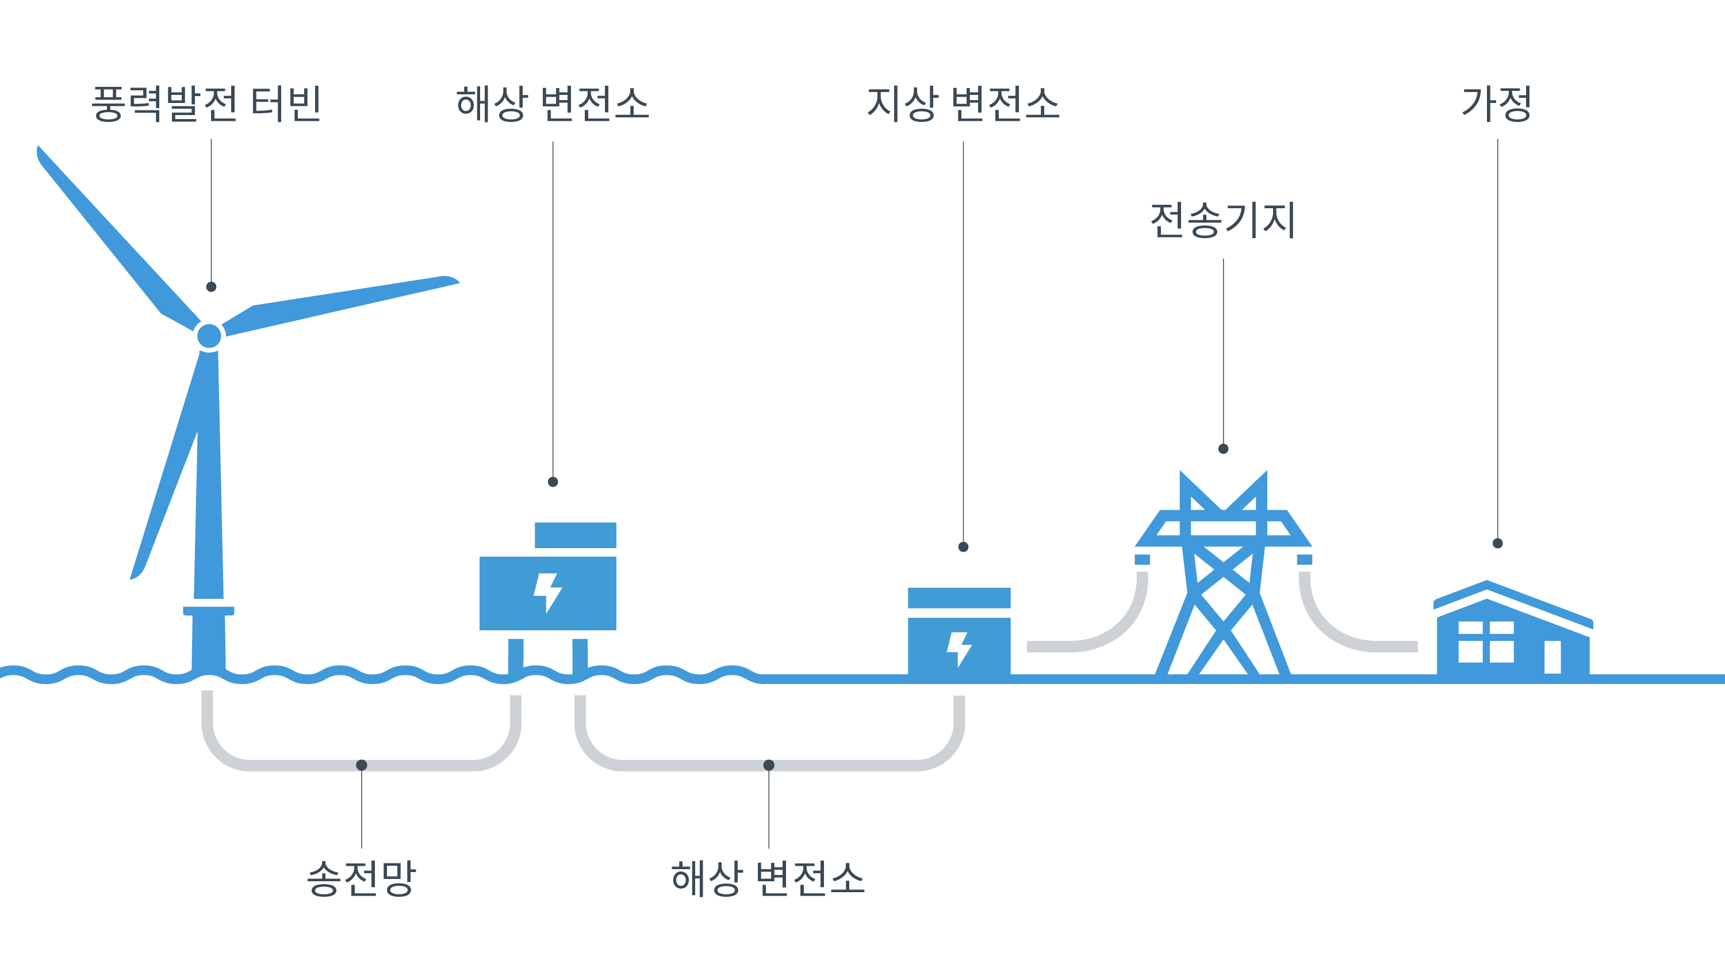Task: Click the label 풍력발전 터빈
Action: (x=206, y=105)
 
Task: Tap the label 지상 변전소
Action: (x=963, y=105)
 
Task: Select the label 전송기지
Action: (x=1223, y=221)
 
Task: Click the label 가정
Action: (x=1497, y=105)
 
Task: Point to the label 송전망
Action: (x=362, y=878)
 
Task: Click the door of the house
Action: (x=1552, y=657)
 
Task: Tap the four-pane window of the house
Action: (x=1486, y=642)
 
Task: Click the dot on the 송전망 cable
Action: (x=362, y=764)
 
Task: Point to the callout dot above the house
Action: (x=1498, y=544)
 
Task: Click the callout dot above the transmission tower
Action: (x=1224, y=448)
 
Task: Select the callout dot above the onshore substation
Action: (x=964, y=547)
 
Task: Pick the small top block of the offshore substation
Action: (x=575, y=535)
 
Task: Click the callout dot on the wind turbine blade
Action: (x=212, y=287)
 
